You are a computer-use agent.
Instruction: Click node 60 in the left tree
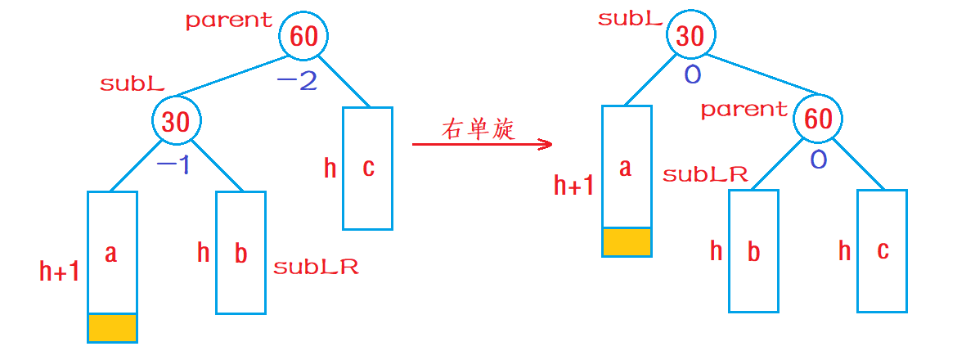coord(303,37)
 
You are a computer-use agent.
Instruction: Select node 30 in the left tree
coord(175,121)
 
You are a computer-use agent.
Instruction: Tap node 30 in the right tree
coord(690,37)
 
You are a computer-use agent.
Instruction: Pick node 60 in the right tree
coord(818,119)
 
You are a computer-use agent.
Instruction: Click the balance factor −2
coord(296,81)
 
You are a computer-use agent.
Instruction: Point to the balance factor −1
coord(173,165)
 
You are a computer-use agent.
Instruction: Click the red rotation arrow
coord(483,145)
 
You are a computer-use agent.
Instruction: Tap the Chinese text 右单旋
coord(478,129)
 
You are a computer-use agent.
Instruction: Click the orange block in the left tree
coord(112,327)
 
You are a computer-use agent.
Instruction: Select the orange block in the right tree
coord(627,242)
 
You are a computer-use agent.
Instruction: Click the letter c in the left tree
coord(368,168)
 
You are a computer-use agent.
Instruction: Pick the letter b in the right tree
coord(754,251)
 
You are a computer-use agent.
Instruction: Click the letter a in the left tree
coord(111,253)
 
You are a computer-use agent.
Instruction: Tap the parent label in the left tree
coord(228,20)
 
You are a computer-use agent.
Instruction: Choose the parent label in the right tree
coord(744,109)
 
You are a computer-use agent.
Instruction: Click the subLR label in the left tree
coord(316,267)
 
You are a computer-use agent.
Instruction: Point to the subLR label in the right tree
coord(705,174)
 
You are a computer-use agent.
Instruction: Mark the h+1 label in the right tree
coord(574,187)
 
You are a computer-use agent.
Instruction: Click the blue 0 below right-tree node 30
coord(692,75)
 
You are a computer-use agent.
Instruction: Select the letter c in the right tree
coord(883,250)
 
